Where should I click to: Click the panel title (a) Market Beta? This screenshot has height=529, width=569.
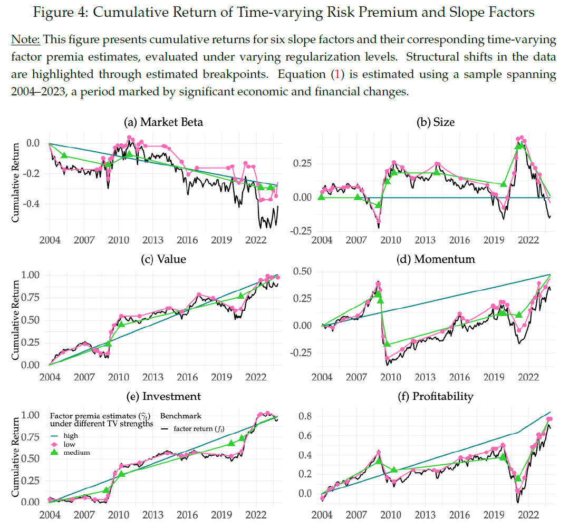coord(163,122)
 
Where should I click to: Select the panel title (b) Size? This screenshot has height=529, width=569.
coord(436,122)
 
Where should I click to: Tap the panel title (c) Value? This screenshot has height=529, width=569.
coord(163,259)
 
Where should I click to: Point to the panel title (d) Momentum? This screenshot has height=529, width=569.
coord(437,259)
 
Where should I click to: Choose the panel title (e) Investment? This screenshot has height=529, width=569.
coord(163,396)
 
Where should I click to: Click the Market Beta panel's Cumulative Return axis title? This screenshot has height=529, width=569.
coord(16,174)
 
